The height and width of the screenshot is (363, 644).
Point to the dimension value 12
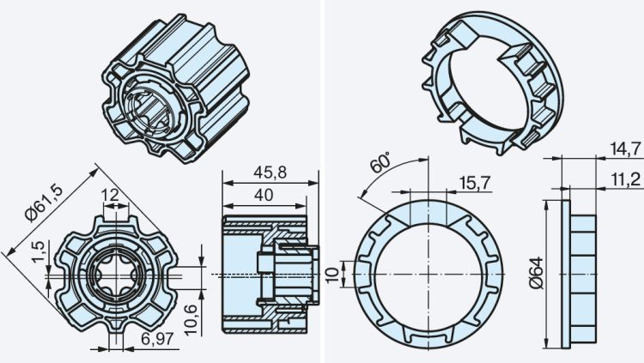pos(110,195)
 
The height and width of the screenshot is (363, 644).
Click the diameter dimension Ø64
pos(535,273)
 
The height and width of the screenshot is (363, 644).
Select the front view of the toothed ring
pos(427,273)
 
